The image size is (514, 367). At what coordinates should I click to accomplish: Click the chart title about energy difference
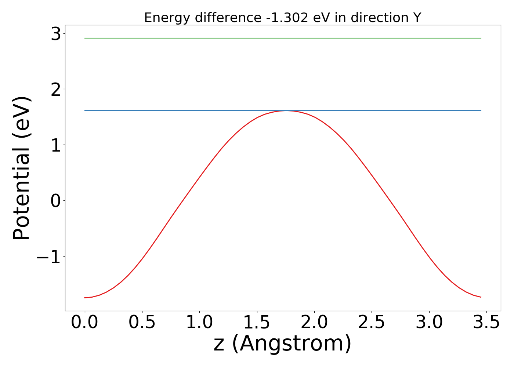point(282,18)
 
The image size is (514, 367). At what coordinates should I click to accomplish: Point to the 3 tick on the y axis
point(56,34)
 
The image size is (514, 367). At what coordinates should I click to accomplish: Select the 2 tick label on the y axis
point(56,90)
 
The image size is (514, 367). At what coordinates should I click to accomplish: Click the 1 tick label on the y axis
point(56,145)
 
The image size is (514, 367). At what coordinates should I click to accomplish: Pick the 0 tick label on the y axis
point(56,201)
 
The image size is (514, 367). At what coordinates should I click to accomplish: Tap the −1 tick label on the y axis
point(48,257)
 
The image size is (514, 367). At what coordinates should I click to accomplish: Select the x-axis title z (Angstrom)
point(282,344)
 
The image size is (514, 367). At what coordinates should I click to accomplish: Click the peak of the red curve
point(286,110)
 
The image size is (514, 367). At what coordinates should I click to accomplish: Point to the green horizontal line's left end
point(85,38)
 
